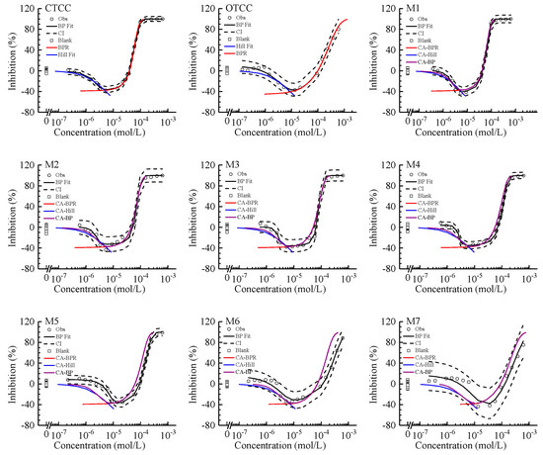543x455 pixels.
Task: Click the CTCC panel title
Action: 52,8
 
